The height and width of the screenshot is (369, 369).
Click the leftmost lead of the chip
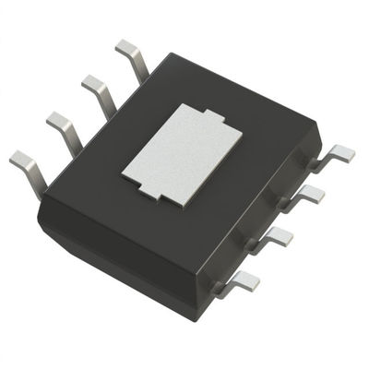coord(25,167)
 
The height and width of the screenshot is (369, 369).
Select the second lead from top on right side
coord(310,193)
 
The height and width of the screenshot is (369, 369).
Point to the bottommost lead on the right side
coord(242,281)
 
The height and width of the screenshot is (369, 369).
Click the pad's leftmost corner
coord(124,170)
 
